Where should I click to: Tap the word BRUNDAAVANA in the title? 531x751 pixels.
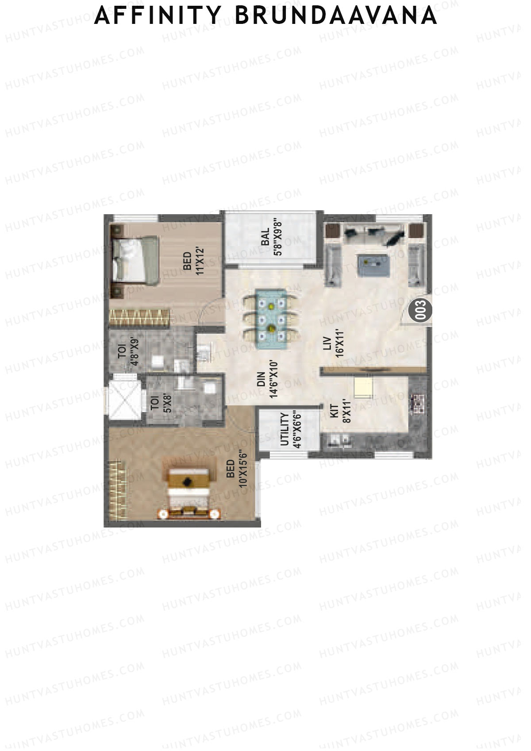coord(336,16)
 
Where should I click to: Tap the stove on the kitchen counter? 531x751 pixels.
coord(418,404)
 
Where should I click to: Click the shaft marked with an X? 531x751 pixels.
coord(125,395)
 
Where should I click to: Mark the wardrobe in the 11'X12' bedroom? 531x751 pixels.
coord(139,318)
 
